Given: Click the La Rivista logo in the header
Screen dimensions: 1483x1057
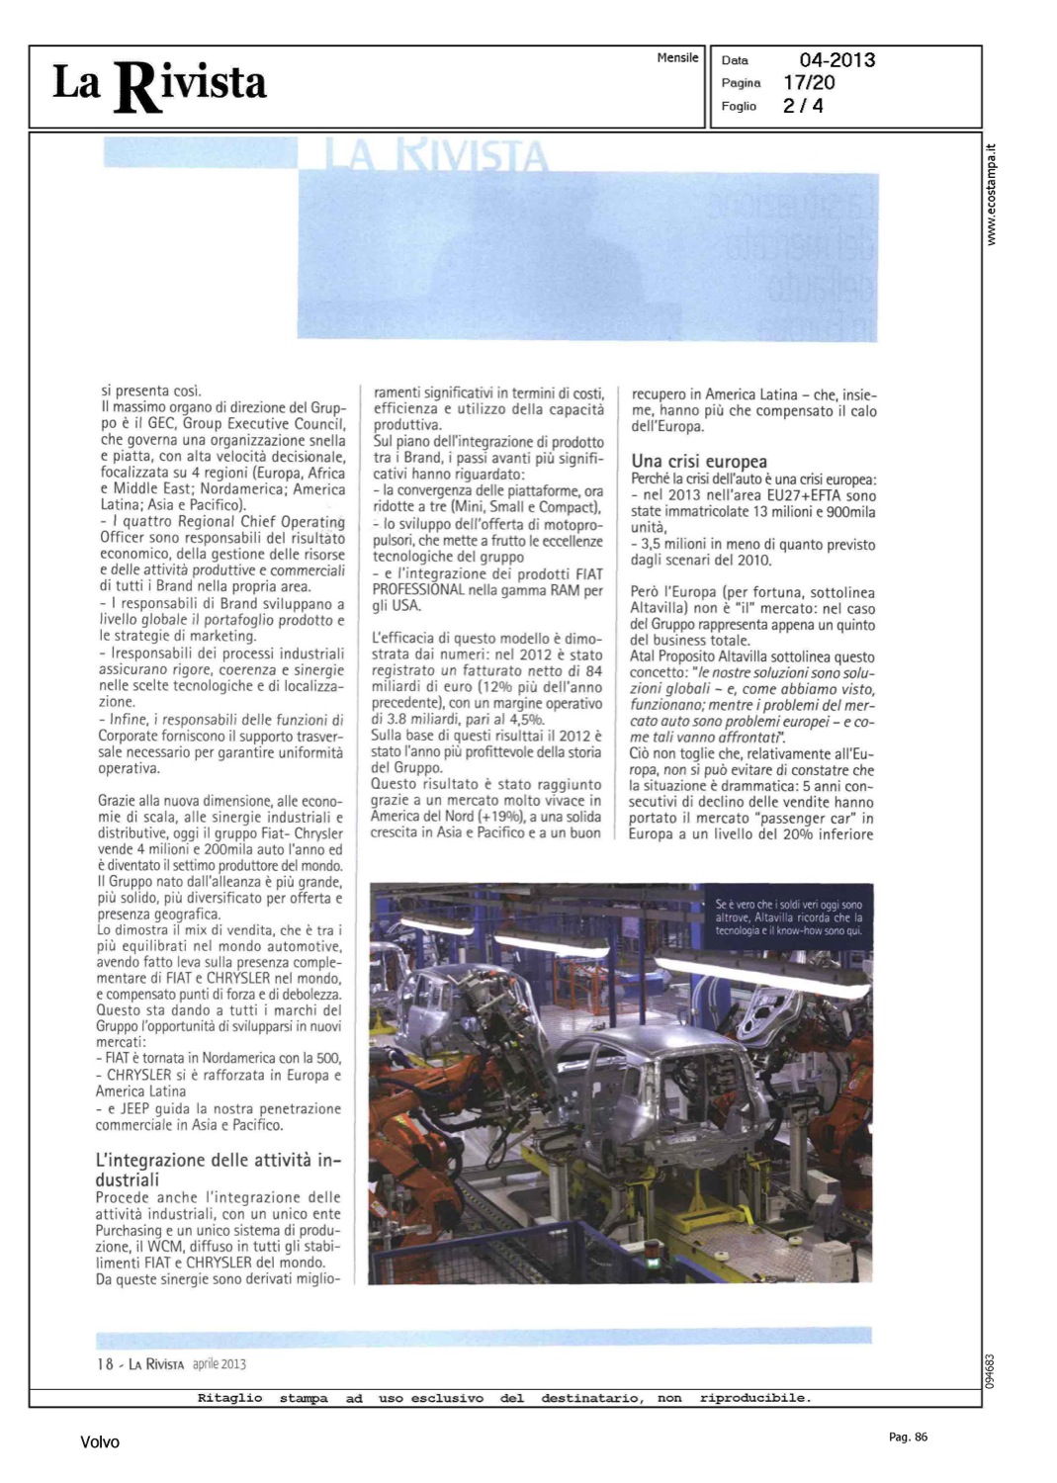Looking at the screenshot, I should [x=159, y=85].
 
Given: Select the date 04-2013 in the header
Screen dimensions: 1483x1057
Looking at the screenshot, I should [x=837, y=60].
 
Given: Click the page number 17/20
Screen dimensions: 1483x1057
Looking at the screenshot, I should [x=809, y=83].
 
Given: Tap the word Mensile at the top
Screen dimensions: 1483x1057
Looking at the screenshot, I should [x=677, y=58].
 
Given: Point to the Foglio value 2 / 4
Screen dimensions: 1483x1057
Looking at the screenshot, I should [x=803, y=106].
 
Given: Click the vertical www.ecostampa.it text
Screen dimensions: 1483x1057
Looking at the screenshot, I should [x=992, y=196].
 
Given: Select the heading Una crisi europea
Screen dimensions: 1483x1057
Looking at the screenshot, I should [x=699, y=461].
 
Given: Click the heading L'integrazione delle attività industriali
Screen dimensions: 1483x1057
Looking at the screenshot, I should [x=218, y=1170].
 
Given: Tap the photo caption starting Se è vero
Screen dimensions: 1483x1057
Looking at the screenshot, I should [x=788, y=917].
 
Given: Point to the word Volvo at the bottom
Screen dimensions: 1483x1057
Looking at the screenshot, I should [x=100, y=1442].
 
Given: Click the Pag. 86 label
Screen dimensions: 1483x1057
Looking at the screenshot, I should [x=908, y=1438].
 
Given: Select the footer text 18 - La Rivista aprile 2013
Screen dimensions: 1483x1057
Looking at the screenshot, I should [x=171, y=1364].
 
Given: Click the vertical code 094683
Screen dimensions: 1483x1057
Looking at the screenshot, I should [x=990, y=1372].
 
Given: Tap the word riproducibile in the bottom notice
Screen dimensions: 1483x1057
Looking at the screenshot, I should [x=754, y=1398].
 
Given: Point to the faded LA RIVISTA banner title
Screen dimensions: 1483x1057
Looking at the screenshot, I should [x=436, y=156].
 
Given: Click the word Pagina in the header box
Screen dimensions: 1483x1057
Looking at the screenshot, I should [x=741, y=83].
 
